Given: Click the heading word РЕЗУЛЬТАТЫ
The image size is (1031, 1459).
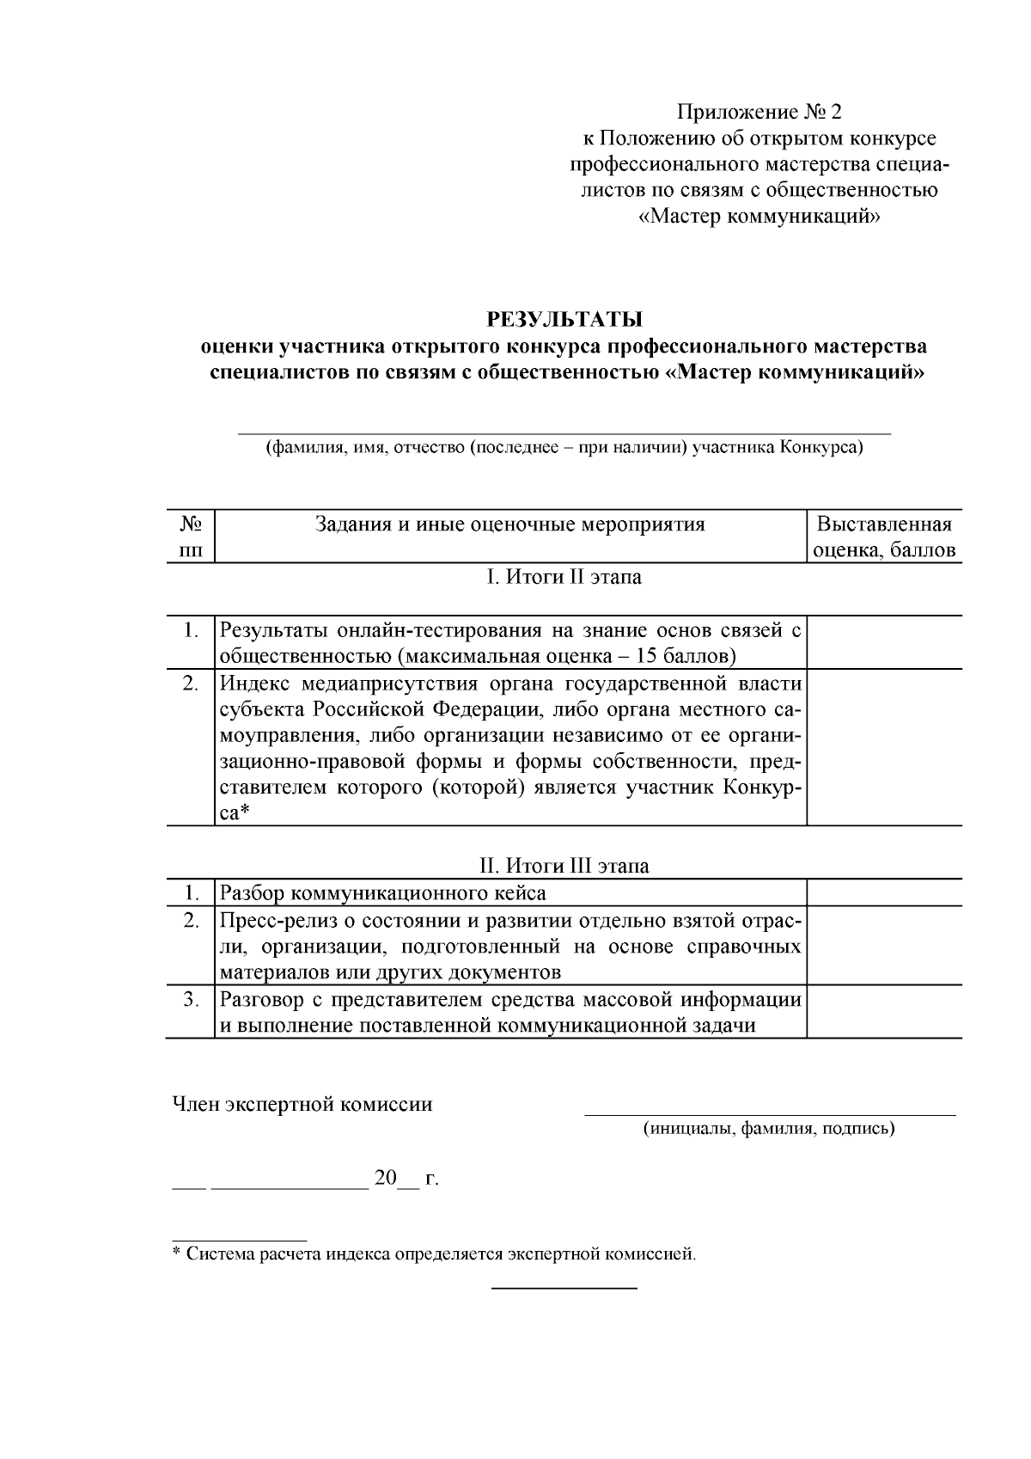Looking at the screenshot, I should tap(564, 320).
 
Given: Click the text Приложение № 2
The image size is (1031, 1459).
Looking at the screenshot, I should tap(760, 112).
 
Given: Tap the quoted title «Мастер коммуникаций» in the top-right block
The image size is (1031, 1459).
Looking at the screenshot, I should tap(760, 217).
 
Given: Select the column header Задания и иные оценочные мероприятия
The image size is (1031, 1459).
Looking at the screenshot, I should tap(510, 524).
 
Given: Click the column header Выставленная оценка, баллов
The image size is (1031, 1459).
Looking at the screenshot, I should tap(884, 537).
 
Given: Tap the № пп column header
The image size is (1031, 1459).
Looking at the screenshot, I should tap(191, 537).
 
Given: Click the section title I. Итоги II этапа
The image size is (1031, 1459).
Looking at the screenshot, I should tap(564, 577).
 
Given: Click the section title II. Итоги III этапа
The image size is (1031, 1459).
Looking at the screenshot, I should tap(564, 866).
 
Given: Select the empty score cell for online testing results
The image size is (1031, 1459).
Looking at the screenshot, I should tap(884, 643).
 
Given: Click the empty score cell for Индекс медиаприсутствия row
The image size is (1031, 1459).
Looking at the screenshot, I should tap(884, 747).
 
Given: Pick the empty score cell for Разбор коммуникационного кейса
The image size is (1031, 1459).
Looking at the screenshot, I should tap(884, 893).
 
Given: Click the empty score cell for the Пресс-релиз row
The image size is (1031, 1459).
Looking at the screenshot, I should tap(884, 946).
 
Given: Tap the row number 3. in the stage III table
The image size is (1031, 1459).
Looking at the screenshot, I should tap(191, 1000).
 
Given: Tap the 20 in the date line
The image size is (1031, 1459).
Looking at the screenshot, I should tap(384, 1178).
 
